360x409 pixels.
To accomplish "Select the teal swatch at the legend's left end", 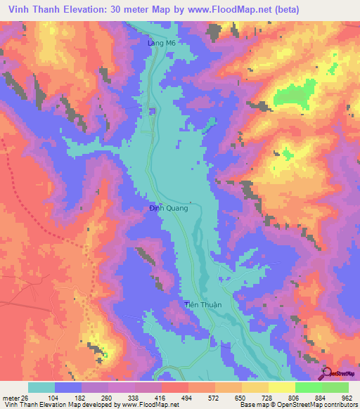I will click(x=41, y=387).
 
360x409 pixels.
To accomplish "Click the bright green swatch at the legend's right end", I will click(x=335, y=387).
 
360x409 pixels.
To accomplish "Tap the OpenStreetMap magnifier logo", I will click(x=326, y=373).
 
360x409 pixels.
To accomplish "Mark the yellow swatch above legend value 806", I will click(x=280, y=387).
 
